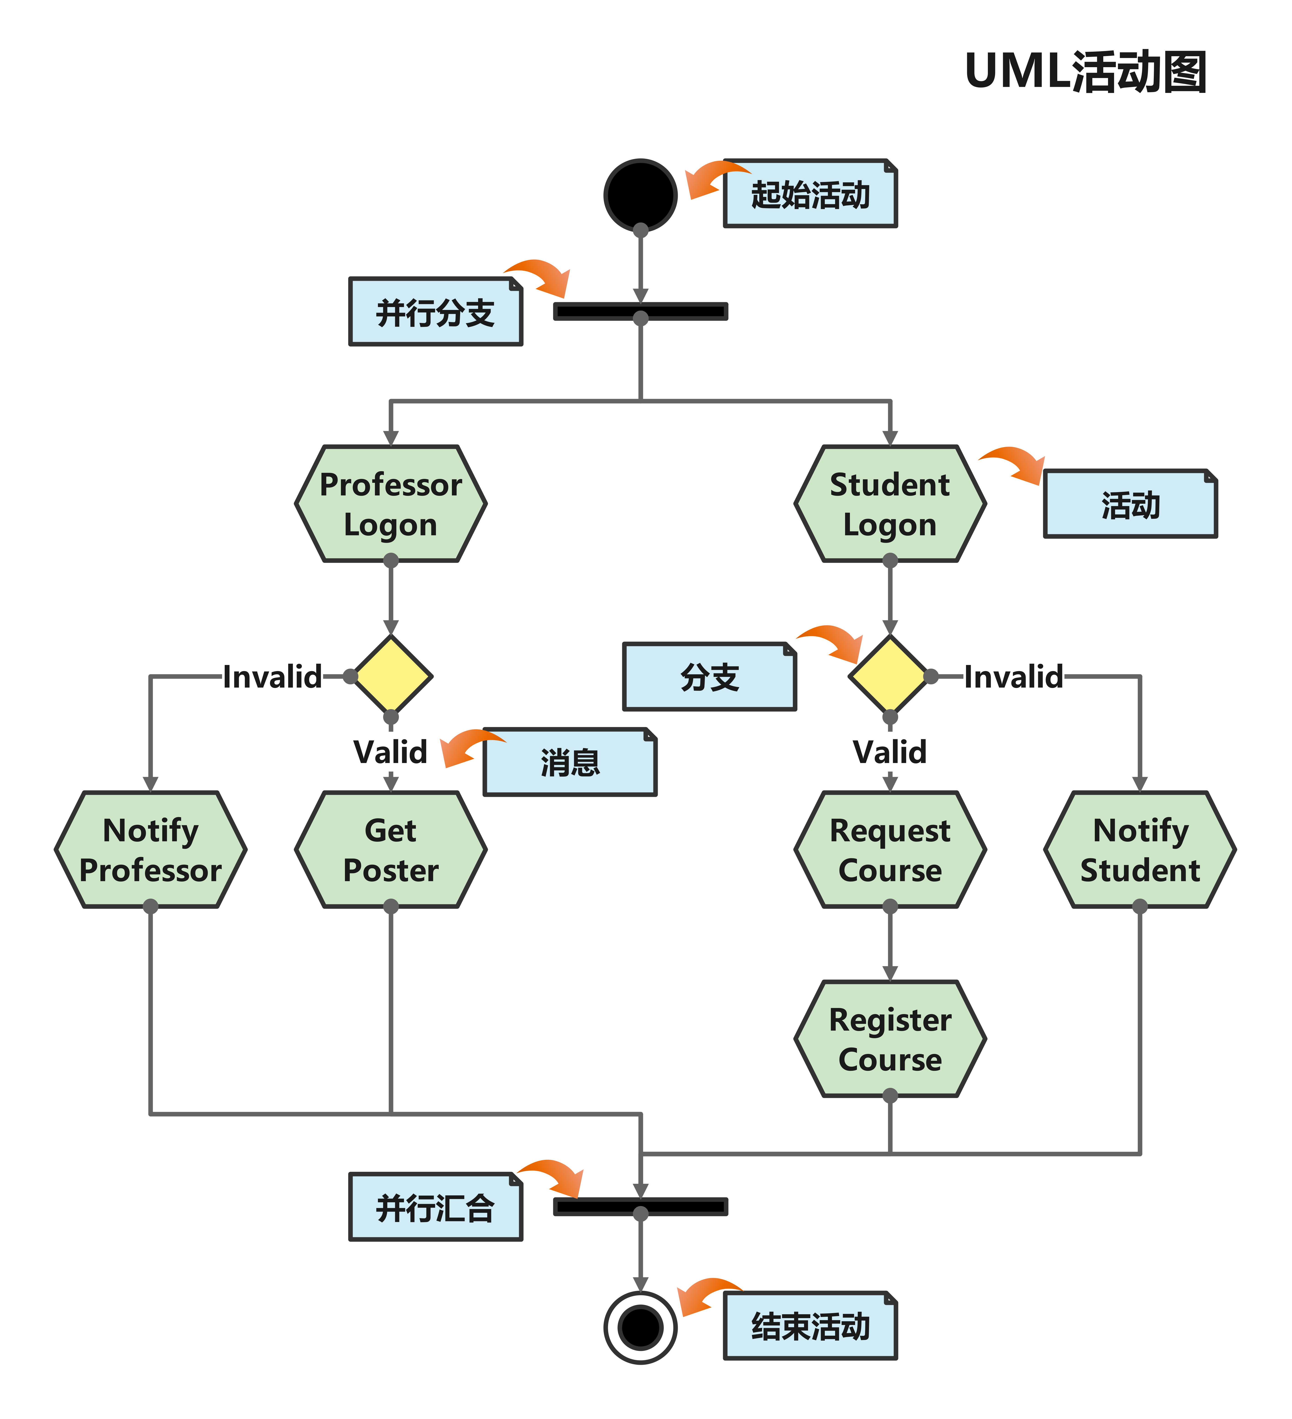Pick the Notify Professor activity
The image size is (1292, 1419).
click(150, 850)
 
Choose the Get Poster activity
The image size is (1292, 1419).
click(390, 850)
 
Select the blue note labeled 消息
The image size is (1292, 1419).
click(570, 762)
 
